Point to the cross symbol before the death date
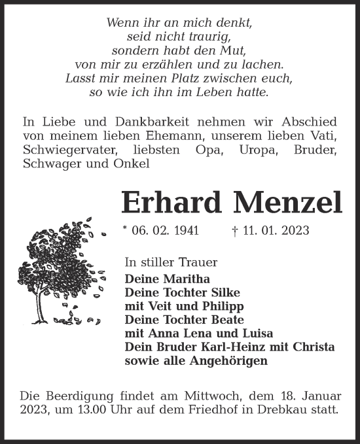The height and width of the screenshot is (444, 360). tap(235, 230)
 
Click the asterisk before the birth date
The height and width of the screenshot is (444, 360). tap(124, 230)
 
